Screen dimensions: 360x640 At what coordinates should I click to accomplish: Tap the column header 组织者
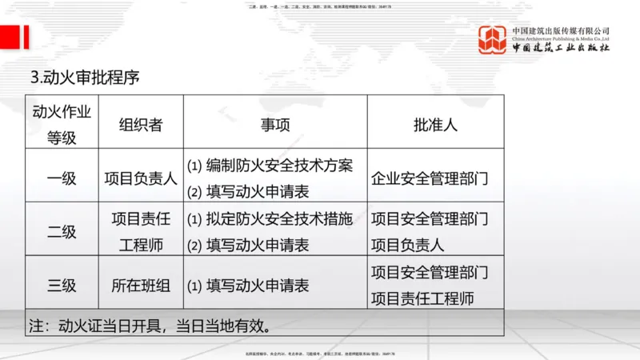click(141, 123)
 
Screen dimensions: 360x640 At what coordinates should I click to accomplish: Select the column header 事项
click(275, 123)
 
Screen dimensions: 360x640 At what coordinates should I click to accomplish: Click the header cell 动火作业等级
click(62, 123)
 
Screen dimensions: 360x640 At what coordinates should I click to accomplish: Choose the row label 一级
click(62, 178)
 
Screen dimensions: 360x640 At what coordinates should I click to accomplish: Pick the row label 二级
click(62, 231)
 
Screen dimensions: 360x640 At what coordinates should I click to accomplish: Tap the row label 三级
click(62, 285)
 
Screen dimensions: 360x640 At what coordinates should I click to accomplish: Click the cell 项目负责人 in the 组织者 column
click(141, 178)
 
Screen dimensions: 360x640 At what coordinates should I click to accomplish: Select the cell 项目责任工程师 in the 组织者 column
click(141, 231)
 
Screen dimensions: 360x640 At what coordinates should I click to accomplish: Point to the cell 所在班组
click(141, 285)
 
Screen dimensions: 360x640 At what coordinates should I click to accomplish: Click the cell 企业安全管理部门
click(430, 178)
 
